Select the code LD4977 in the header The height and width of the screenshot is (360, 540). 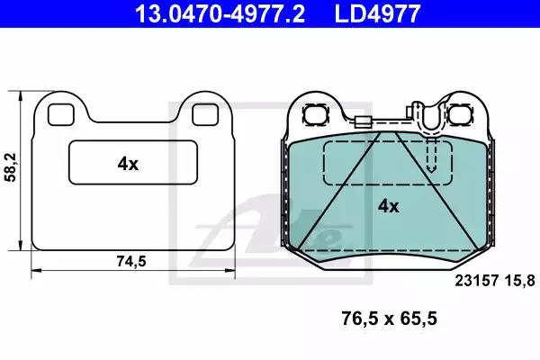[378, 13]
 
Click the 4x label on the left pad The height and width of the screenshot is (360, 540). [128, 163]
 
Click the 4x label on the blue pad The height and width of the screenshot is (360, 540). [388, 205]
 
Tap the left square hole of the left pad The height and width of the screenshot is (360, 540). [60, 114]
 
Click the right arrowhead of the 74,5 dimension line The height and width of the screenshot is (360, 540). [232, 267]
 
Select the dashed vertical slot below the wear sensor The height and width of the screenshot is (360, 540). [431, 156]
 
